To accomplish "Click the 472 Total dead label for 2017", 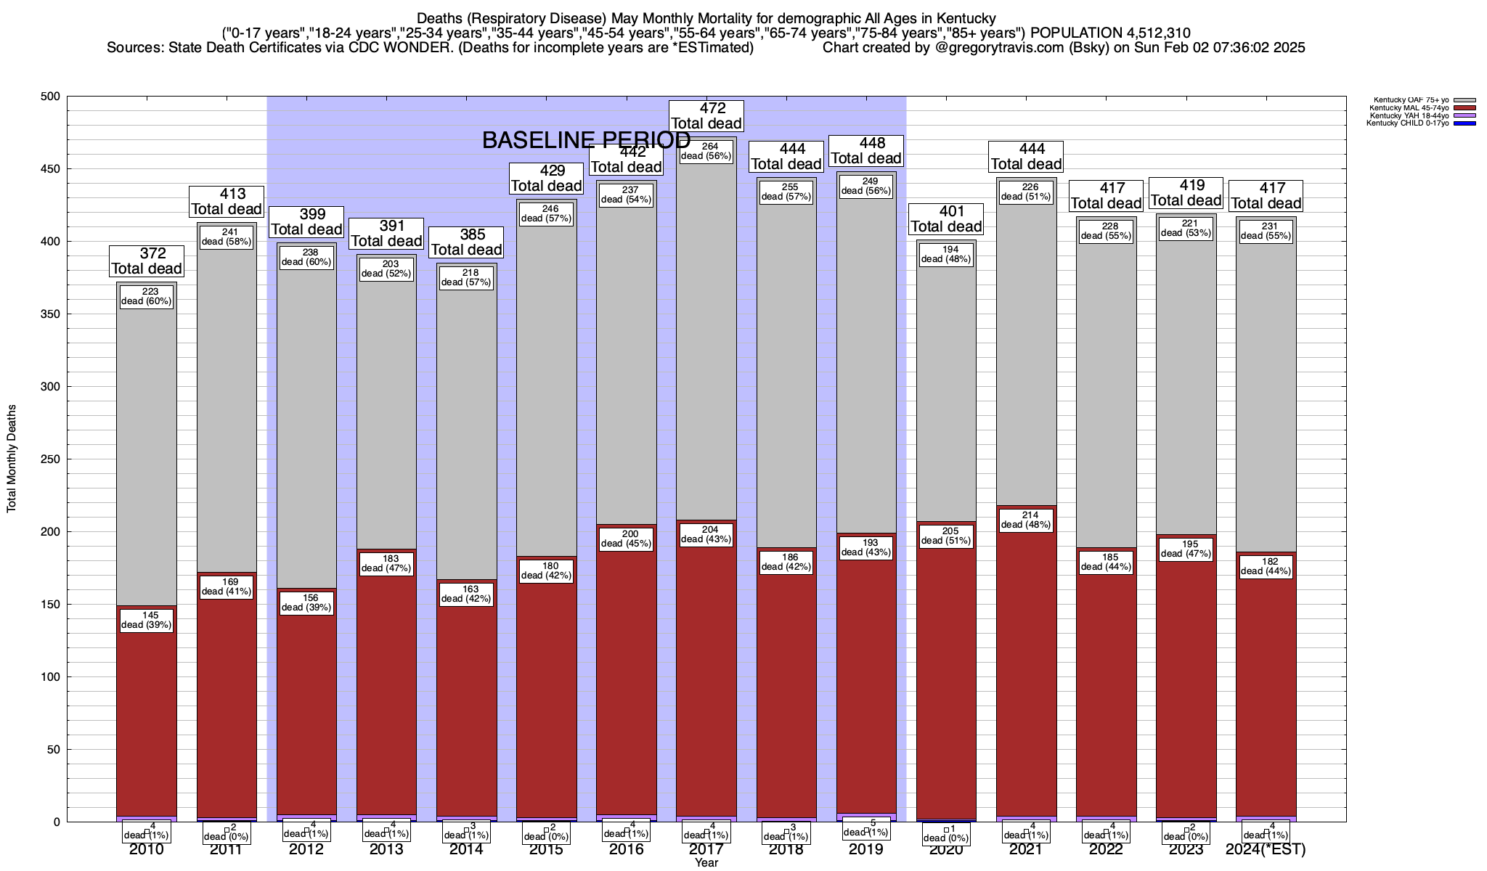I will (x=706, y=116).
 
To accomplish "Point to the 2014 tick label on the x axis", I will (x=466, y=849).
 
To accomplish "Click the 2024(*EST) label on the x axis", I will (x=1266, y=849).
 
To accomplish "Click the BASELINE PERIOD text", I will (x=587, y=140).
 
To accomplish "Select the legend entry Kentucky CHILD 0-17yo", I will (x=1407, y=123).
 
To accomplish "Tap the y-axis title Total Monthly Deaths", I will (x=12, y=459).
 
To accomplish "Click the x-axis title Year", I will (x=706, y=863).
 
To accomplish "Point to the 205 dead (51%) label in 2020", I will (x=946, y=536).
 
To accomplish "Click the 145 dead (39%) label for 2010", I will (x=147, y=620).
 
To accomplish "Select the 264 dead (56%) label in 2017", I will (x=706, y=151).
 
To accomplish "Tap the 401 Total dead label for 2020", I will (x=946, y=218).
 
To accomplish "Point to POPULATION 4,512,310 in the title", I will (x=1110, y=33).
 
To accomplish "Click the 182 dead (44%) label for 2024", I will (x=1266, y=566).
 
